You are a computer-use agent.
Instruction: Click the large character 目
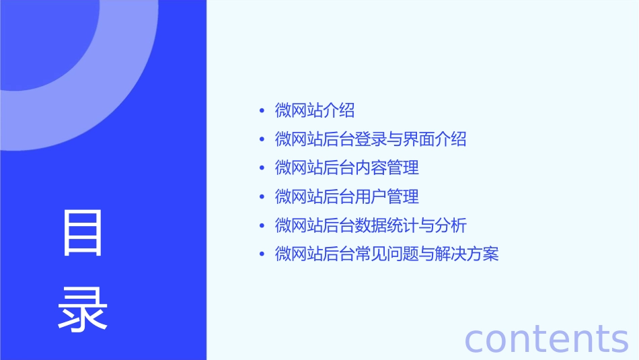click(83, 233)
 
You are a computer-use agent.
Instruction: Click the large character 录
click(83, 310)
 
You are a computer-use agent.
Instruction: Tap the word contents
click(547, 338)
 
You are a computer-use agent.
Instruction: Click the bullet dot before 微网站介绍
click(262, 111)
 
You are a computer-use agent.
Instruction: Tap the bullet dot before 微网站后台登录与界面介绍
click(262, 140)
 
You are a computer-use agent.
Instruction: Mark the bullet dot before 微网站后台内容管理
click(262, 168)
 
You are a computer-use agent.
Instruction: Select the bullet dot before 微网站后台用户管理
click(262, 197)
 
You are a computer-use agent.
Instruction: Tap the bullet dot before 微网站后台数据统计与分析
click(262, 225)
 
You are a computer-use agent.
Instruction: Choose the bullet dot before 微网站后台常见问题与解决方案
click(262, 254)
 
